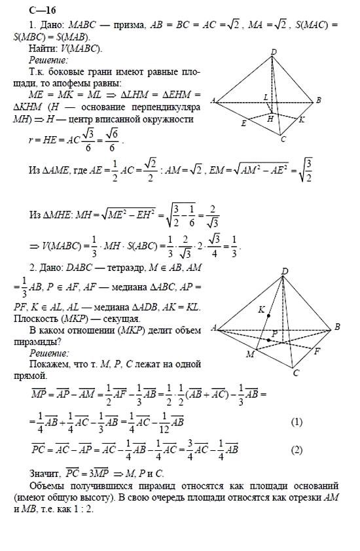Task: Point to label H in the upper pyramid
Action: pyautogui.click(x=270, y=119)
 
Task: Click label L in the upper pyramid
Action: pyautogui.click(x=265, y=96)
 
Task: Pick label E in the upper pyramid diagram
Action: pyautogui.click(x=243, y=122)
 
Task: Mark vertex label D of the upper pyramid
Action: pyautogui.click(x=274, y=52)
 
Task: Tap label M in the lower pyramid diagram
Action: pyautogui.click(x=249, y=355)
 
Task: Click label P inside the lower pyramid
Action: pyautogui.click(x=275, y=333)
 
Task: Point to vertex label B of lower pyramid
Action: pyautogui.click(x=336, y=326)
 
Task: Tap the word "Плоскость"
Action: pyautogui.click(x=39, y=319)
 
